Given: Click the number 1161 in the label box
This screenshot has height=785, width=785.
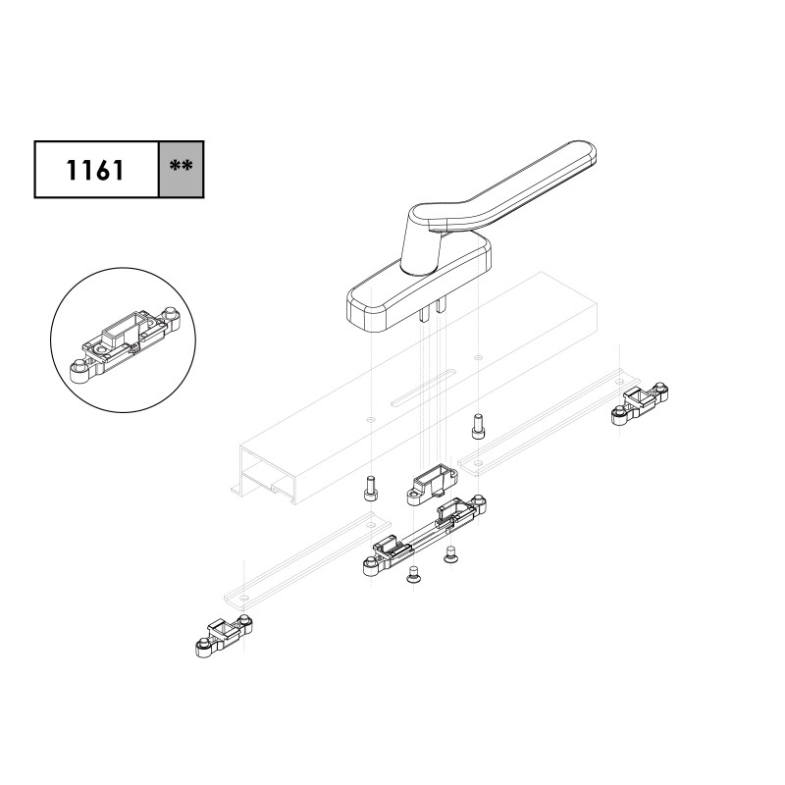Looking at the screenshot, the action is [94, 170].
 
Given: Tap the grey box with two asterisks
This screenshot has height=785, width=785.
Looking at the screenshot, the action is [182, 169].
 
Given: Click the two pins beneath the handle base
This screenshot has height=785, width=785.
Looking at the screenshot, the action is [432, 310].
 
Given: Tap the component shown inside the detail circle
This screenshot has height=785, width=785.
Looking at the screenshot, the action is [125, 345].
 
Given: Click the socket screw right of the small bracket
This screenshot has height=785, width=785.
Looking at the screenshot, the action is [479, 427].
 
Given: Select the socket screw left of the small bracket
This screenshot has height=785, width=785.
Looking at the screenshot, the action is [371, 489].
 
